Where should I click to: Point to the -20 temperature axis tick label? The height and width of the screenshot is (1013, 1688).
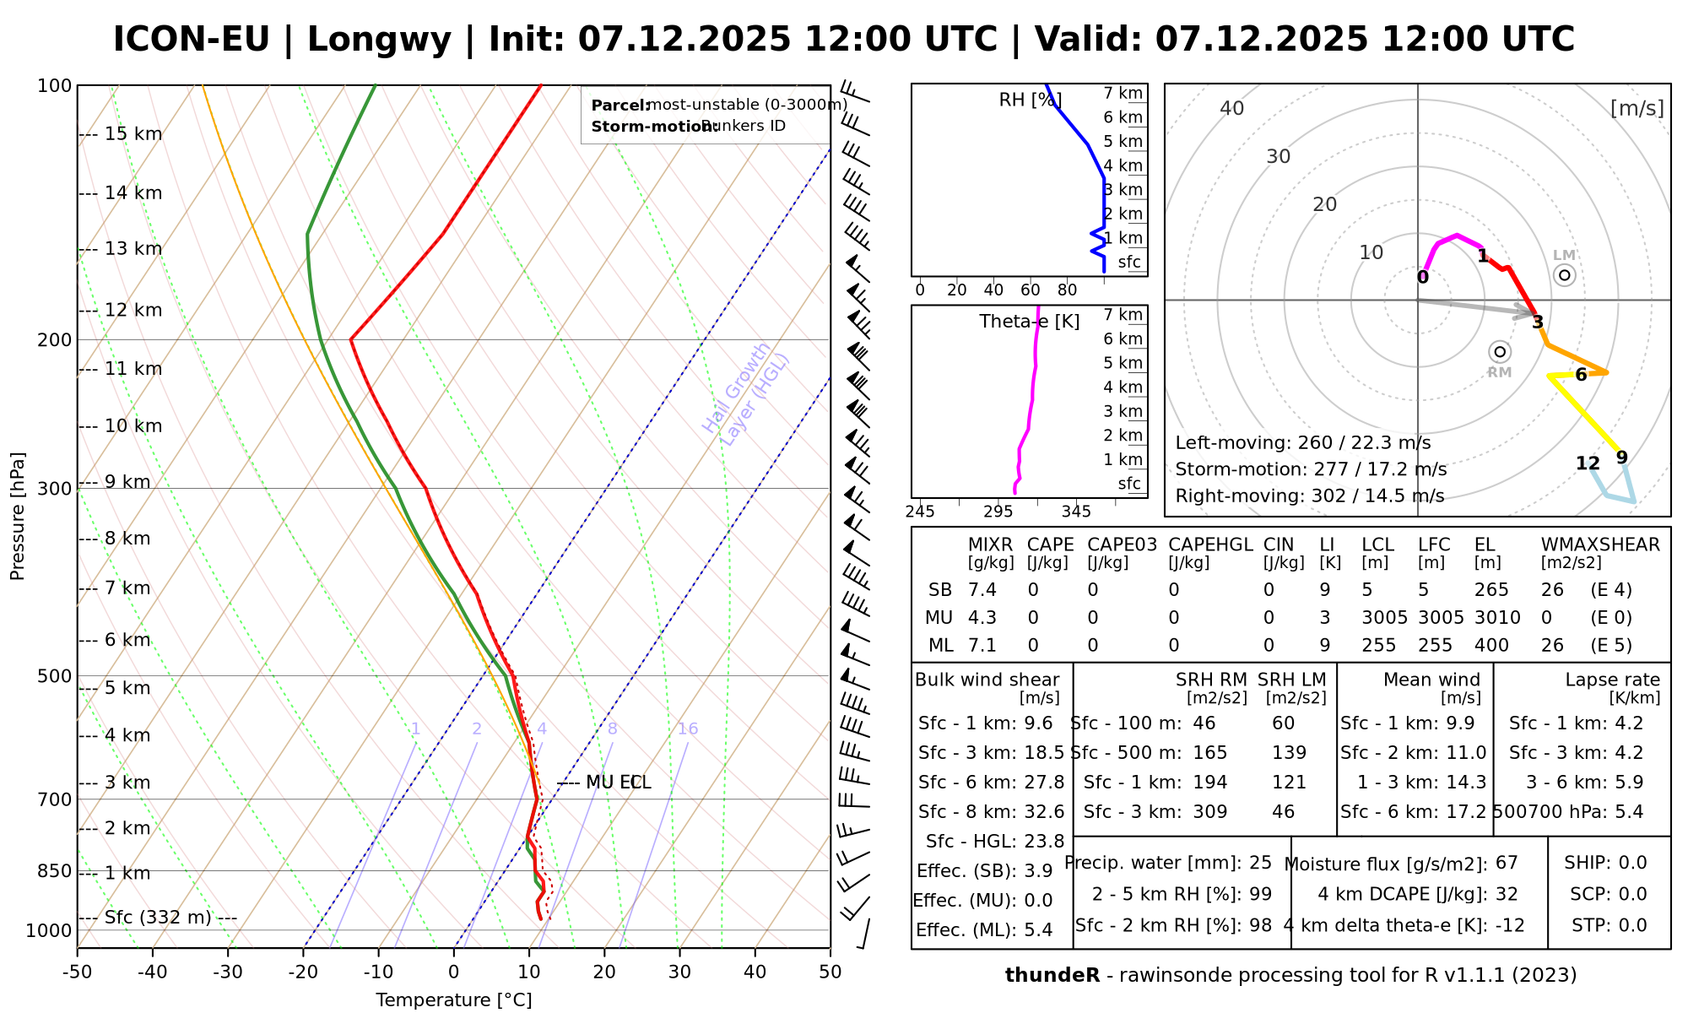(303, 972)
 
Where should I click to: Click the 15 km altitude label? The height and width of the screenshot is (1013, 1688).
(133, 134)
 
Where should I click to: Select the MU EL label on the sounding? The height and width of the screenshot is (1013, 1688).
(618, 783)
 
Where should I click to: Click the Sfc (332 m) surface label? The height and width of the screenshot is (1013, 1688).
(158, 918)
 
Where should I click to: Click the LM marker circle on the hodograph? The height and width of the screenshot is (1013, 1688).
(1564, 274)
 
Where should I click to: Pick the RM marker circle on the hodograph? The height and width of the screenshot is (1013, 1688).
(1499, 352)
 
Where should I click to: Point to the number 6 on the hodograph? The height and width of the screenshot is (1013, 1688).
(1581, 375)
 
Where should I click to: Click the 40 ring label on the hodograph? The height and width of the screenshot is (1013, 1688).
(1232, 108)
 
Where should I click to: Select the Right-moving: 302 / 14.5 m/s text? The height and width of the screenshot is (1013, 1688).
(1310, 496)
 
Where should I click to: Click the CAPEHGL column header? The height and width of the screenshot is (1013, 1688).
(1210, 544)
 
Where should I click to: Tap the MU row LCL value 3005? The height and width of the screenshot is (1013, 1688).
(1384, 618)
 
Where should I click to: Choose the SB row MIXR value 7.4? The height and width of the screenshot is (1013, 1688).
(982, 590)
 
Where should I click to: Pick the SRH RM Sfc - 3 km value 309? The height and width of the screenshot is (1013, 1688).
(1210, 812)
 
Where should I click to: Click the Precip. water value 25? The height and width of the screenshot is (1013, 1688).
(1260, 863)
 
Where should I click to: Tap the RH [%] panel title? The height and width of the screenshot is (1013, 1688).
(1030, 100)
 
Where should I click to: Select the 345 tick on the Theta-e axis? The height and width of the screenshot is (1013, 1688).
(1076, 512)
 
